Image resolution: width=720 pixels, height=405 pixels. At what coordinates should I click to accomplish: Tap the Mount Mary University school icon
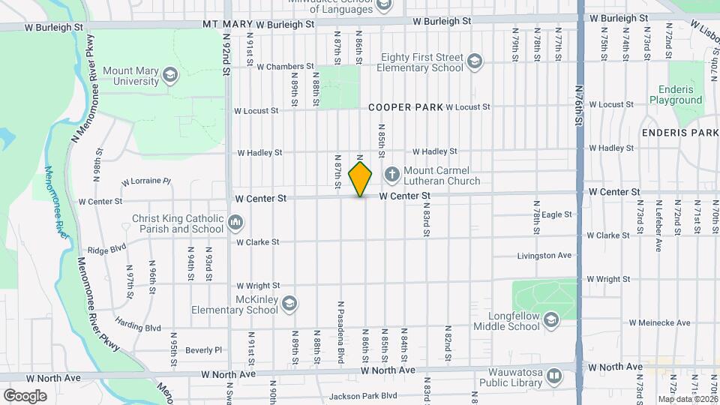click(x=170, y=74)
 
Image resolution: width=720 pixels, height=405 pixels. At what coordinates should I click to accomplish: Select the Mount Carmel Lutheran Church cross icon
click(x=391, y=175)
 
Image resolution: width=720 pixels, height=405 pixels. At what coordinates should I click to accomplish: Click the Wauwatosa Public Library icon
click(x=554, y=375)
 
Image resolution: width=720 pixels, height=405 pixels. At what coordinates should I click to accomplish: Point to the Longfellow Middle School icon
click(x=551, y=320)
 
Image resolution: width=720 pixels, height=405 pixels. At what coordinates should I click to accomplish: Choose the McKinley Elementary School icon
click(x=289, y=304)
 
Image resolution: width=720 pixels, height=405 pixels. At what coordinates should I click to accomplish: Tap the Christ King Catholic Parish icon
click(x=235, y=222)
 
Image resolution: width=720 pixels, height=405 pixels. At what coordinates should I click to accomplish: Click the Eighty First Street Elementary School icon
click(x=474, y=61)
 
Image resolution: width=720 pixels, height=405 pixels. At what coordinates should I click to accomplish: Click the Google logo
click(x=25, y=395)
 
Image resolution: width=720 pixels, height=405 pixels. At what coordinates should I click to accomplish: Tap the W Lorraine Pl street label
click(x=146, y=181)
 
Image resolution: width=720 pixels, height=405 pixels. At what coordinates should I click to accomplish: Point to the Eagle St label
click(x=556, y=214)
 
